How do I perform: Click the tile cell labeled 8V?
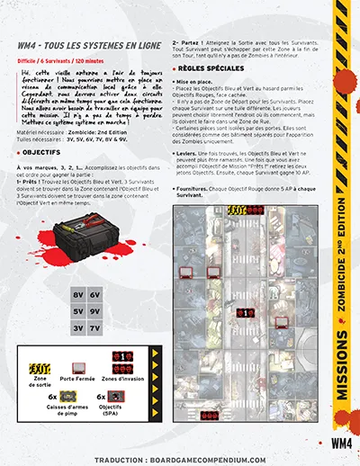tap(78, 294)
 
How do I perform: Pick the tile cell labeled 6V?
tap(95, 294)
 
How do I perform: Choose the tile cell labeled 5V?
tap(78, 311)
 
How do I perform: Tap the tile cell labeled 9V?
tap(95, 311)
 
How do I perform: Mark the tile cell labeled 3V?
tap(78, 328)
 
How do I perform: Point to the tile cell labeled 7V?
tap(95, 328)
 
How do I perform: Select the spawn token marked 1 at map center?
tap(247, 312)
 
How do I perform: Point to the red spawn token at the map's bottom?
tap(209, 415)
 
